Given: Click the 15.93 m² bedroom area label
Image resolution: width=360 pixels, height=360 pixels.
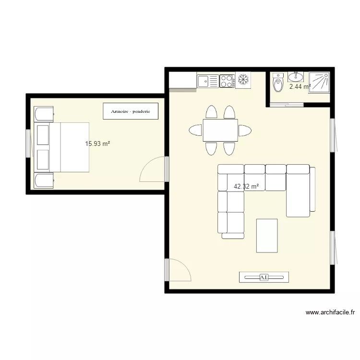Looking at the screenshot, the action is pyautogui.click(x=97, y=144).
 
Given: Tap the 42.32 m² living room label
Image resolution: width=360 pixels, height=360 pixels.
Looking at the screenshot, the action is pyautogui.click(x=246, y=186).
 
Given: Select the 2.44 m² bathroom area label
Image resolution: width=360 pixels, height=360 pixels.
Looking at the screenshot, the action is pyautogui.click(x=300, y=86).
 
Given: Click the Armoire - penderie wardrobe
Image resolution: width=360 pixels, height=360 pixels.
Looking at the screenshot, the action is pyautogui.click(x=131, y=111).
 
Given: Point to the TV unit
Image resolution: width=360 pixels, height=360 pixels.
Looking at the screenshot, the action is pyautogui.click(x=264, y=277).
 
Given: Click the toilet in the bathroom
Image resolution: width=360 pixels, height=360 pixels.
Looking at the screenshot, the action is pyautogui.click(x=278, y=82).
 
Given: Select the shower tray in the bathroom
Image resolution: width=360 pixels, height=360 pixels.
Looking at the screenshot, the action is pyautogui.click(x=319, y=83).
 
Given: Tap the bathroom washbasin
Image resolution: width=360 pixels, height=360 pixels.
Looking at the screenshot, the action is pyautogui.click(x=296, y=77).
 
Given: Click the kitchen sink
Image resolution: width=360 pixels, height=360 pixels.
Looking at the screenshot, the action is pyautogui.click(x=208, y=81).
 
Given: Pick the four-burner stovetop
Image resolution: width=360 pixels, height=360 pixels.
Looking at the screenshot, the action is pyautogui.click(x=227, y=81).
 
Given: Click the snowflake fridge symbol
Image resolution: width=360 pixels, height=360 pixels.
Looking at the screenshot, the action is pyautogui.click(x=243, y=80).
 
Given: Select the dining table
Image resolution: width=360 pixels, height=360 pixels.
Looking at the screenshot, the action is pyautogui.click(x=220, y=130).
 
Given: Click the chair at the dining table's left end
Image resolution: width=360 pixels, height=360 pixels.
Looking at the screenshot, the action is pyautogui.click(x=196, y=130).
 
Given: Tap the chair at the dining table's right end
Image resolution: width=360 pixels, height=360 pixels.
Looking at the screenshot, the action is pyautogui.click(x=245, y=131).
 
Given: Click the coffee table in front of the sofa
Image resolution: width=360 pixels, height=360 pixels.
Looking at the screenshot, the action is pyautogui.click(x=267, y=236).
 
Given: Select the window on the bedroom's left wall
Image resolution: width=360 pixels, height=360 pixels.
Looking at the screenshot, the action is pyautogui.click(x=28, y=144).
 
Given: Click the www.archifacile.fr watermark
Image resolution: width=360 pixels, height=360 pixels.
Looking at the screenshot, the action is pyautogui.click(x=330, y=312).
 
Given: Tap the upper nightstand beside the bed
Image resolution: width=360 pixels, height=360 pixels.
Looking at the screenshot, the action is pyautogui.click(x=44, y=114).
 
